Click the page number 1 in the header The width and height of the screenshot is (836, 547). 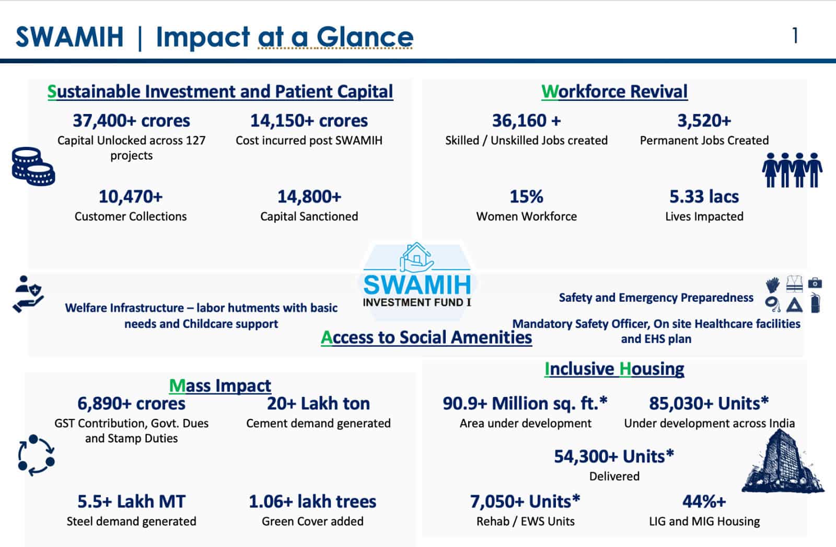pos(795,36)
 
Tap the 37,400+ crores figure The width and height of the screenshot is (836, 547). pos(131,121)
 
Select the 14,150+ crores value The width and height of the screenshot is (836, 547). pos(309,121)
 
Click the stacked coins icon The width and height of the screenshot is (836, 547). pos(33,166)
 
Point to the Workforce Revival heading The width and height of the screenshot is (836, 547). pos(614,92)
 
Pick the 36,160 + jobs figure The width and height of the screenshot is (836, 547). pos(526,121)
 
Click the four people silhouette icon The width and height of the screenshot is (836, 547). pos(792,170)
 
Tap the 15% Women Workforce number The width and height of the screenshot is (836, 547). pos(526,197)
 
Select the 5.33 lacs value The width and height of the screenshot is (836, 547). pos(704,197)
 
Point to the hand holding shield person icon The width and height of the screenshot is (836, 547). pos(28,294)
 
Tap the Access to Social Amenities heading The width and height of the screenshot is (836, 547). pos(426,338)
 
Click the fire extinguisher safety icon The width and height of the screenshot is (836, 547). pos(815,303)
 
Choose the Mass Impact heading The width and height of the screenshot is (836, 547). pos(220,386)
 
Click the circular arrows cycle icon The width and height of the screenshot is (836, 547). pos(36,455)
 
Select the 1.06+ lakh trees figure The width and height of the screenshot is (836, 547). pos(312,502)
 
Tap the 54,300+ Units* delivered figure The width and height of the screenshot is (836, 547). pos(614,457)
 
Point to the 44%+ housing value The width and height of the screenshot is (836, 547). pos(704,502)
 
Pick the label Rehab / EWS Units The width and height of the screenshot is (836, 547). pos(525,521)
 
